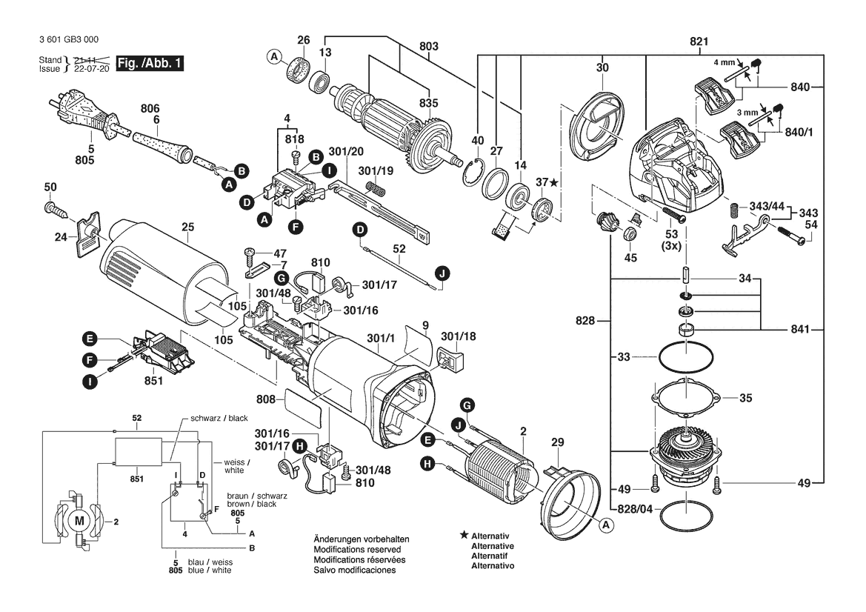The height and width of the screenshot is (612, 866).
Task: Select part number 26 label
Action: [304, 39]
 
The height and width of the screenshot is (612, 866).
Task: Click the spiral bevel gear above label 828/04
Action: [686, 448]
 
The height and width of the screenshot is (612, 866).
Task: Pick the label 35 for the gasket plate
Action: [745, 398]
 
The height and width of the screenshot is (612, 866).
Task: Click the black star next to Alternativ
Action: [464, 534]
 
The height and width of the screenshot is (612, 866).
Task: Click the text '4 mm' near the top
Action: [723, 62]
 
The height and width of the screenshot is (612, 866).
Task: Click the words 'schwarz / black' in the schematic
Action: [219, 418]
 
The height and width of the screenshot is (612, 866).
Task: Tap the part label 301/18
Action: [459, 336]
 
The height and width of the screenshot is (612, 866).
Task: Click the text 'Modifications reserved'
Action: [357, 550]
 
